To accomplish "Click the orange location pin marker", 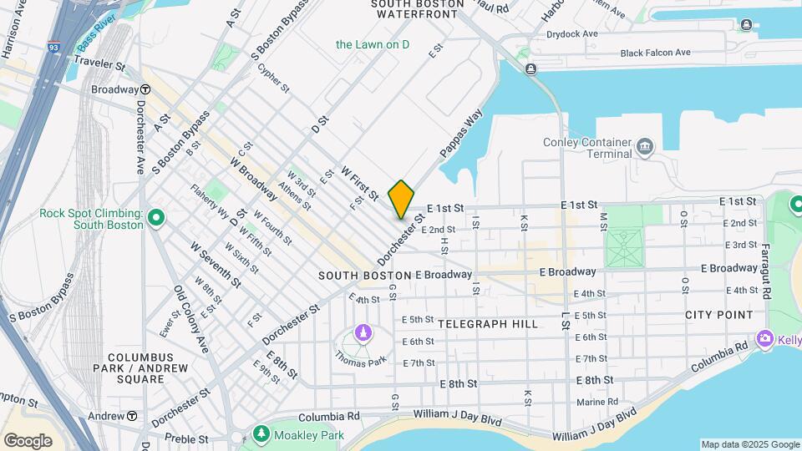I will (401, 199).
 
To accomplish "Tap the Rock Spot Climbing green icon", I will (155, 219).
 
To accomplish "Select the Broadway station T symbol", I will (145, 89).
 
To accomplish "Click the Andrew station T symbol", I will (132, 416).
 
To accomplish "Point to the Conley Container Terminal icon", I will (645, 148).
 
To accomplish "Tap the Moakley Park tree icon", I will (261, 435).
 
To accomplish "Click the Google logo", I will (28, 440).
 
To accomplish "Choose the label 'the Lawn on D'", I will (373, 44).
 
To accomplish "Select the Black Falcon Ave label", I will (655, 53).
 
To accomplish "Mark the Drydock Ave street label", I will (572, 35).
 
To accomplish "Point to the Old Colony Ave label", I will (190, 319).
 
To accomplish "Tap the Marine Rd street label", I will (596, 402).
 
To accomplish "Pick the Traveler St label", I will (99, 64).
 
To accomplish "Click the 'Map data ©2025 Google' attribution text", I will (749, 444).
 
